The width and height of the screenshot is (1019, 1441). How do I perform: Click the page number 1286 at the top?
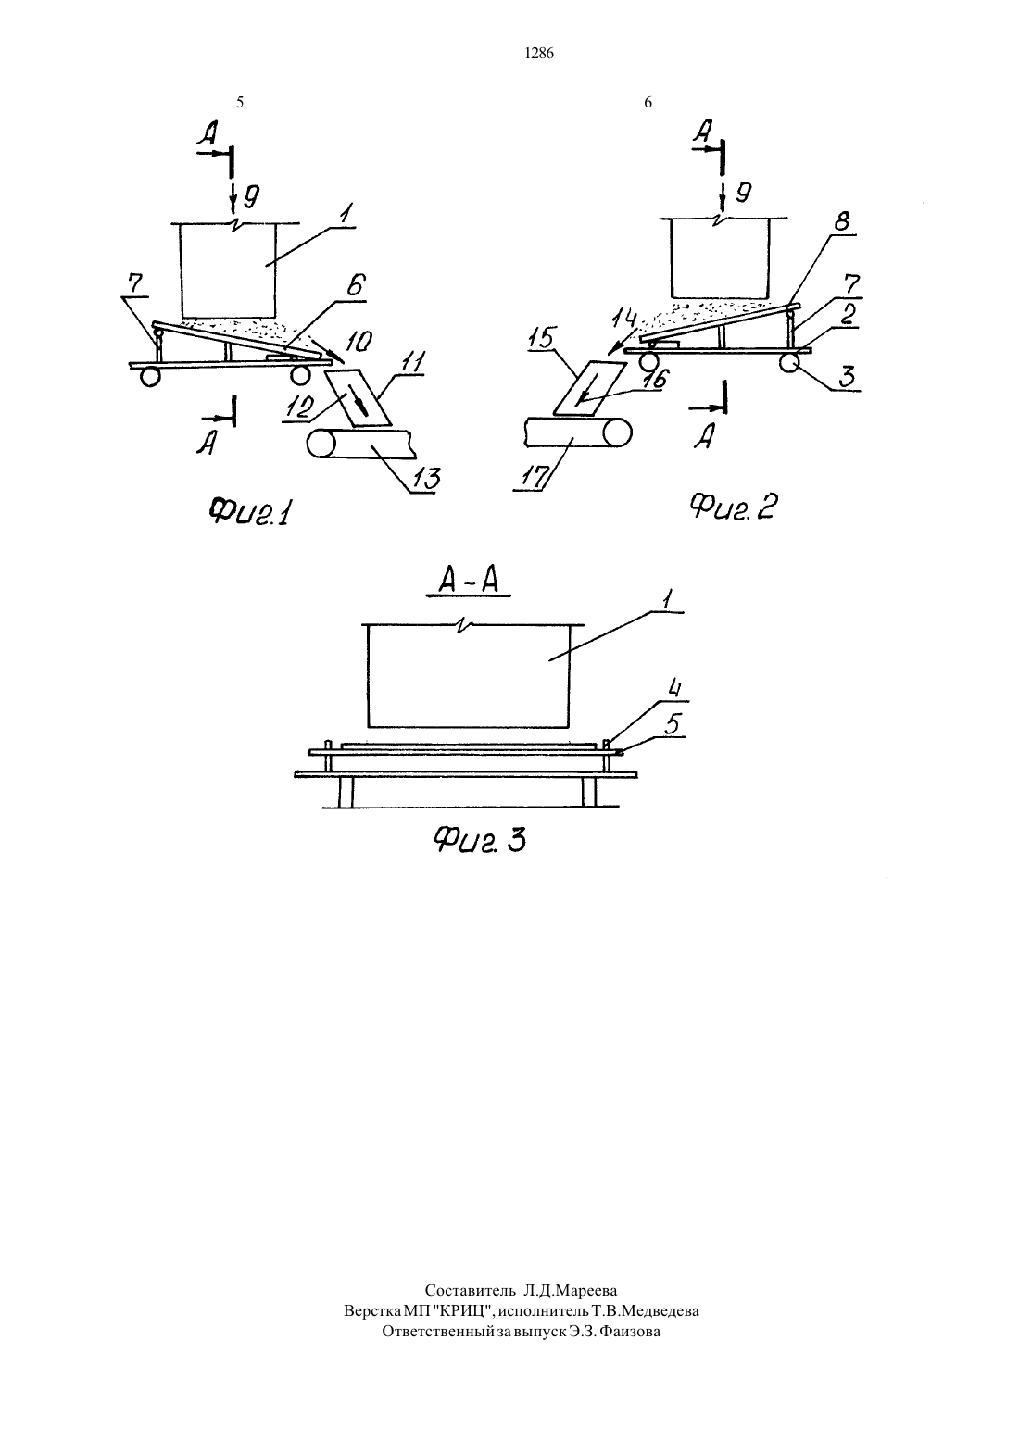(539, 54)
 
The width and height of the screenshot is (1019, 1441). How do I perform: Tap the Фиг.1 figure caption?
(249, 512)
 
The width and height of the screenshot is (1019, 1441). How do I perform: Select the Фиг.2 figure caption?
(734, 507)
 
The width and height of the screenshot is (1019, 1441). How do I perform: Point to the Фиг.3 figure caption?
(479, 840)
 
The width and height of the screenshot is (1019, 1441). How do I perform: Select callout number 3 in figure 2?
(848, 375)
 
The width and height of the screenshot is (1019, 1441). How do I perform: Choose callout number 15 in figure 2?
(544, 338)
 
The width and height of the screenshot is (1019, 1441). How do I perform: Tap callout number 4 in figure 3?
(673, 689)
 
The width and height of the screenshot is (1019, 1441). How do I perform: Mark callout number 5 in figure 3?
(673, 724)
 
